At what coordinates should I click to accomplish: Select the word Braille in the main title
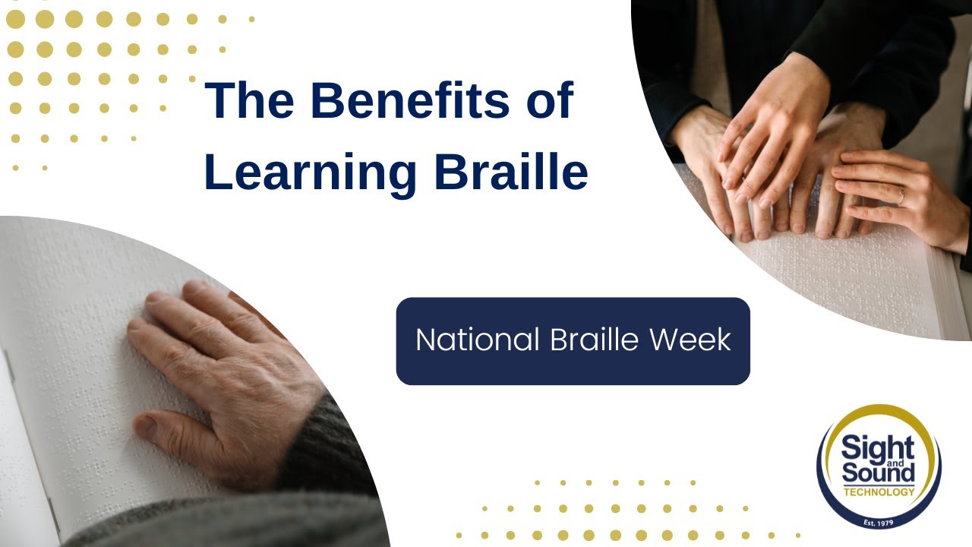[511, 172]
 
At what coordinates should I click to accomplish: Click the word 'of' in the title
[547, 101]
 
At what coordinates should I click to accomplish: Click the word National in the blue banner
[475, 340]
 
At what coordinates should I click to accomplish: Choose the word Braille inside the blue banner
[589, 340]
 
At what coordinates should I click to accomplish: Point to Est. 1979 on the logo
[879, 523]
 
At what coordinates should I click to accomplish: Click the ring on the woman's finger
[901, 194]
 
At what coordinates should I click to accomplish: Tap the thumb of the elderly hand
[156, 425]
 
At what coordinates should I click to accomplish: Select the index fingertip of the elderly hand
[137, 325]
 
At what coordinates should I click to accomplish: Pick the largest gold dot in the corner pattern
[16, 19]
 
